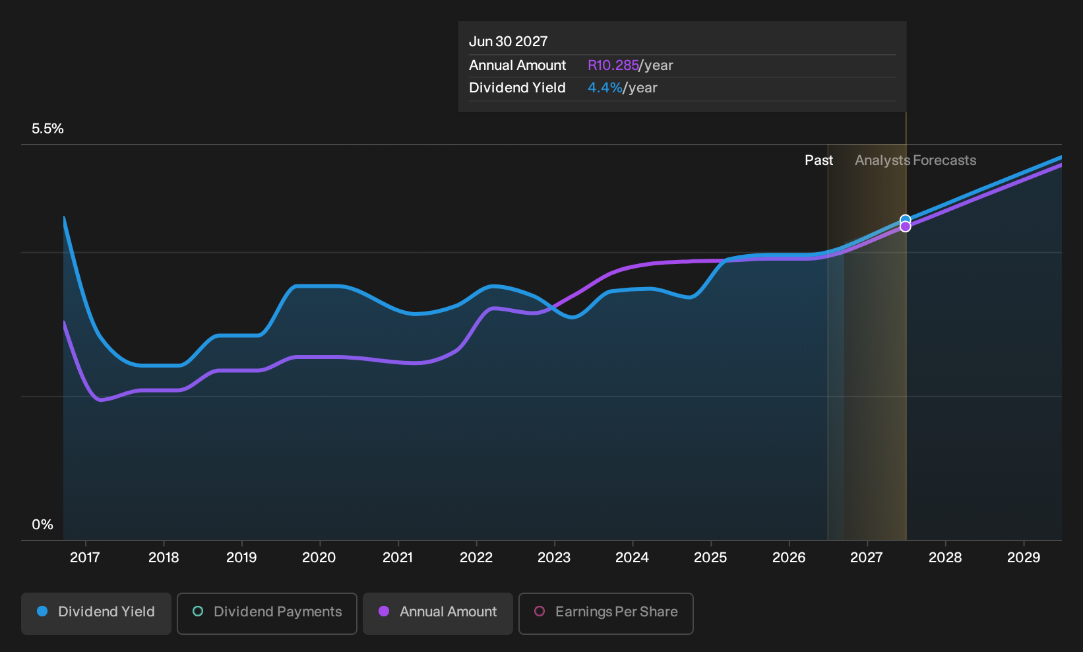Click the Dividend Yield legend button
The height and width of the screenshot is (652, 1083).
(x=96, y=613)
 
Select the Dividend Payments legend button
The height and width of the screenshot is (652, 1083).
(x=267, y=613)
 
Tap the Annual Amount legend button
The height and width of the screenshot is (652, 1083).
(x=437, y=613)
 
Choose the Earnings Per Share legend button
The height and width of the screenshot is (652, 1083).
(x=605, y=613)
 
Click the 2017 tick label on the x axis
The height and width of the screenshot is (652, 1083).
(x=85, y=558)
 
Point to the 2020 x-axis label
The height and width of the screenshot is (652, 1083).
(x=319, y=558)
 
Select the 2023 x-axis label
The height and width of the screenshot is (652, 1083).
(x=554, y=558)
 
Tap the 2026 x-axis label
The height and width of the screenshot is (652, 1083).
(x=789, y=558)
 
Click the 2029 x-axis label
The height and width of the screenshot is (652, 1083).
(x=1024, y=558)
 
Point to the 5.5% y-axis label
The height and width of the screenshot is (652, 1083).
(x=47, y=129)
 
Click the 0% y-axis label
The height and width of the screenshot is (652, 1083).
(x=43, y=525)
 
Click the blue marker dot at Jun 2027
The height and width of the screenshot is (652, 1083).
(x=905, y=220)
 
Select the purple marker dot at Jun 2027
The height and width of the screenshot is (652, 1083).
(x=905, y=227)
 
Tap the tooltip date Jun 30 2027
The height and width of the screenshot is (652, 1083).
(x=508, y=42)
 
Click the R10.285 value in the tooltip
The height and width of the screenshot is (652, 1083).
(x=613, y=65)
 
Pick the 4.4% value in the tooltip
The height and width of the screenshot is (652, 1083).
(x=605, y=88)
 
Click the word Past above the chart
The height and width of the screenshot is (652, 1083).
(x=819, y=160)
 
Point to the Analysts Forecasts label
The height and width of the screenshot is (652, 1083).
(x=915, y=160)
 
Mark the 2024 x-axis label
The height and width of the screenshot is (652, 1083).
(x=632, y=558)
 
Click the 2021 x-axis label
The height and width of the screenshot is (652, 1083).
(x=398, y=558)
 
